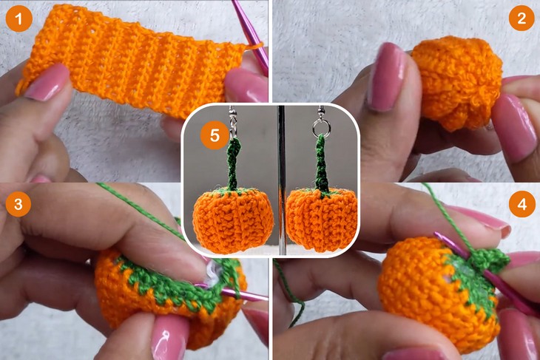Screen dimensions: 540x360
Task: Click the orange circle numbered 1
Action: pyautogui.click(x=19, y=18)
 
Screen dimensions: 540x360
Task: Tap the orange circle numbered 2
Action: pyautogui.click(x=522, y=18)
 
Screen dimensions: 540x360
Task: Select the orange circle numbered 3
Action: pyautogui.click(x=18, y=204)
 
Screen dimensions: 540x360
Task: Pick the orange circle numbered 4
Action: pyautogui.click(x=522, y=205)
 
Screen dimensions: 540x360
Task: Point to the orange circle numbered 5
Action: pyautogui.click(x=215, y=135)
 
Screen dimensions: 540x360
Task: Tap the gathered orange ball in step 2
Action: pyautogui.click(x=456, y=83)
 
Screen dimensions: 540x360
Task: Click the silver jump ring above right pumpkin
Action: pyautogui.click(x=321, y=128)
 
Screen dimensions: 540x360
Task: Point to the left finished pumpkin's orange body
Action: pyautogui.click(x=233, y=220)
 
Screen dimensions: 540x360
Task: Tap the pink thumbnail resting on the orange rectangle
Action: pyautogui.click(x=48, y=83)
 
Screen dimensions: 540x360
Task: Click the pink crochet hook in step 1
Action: pyautogui.click(x=251, y=36)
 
